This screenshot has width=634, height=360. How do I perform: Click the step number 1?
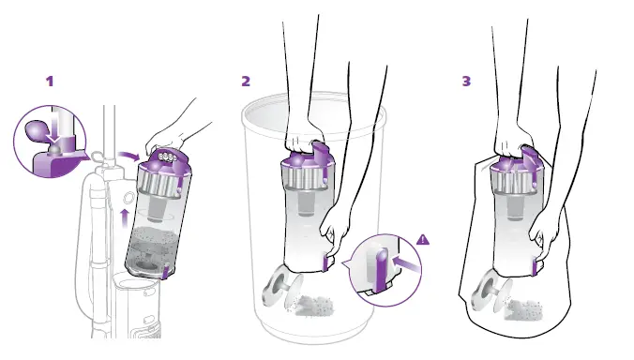click(50, 82)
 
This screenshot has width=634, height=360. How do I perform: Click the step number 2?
click(246, 82)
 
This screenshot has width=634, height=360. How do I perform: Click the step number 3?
click(467, 82)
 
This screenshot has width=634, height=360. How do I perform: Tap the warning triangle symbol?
click(423, 240)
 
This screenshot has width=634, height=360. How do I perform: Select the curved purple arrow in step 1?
click(128, 156)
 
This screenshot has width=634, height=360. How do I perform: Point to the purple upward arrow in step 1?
click(125, 218)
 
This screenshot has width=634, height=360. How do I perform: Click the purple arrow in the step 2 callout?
click(406, 262)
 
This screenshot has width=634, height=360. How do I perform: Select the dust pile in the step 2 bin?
click(312, 306)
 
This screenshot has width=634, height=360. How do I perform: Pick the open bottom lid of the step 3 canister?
click(491, 290)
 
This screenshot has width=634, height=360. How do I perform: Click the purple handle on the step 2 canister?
click(320, 154)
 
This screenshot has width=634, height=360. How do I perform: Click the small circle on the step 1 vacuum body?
click(128, 198)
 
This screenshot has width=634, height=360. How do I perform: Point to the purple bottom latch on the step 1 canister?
click(165, 271)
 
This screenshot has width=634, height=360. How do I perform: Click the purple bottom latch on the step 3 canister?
click(536, 266)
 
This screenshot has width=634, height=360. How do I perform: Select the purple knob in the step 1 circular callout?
click(36, 129)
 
